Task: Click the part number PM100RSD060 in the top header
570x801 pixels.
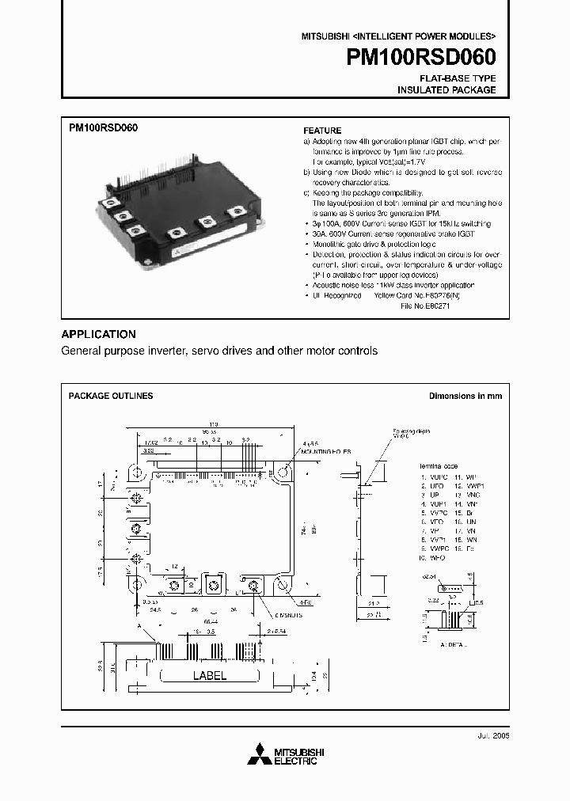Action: [421, 58]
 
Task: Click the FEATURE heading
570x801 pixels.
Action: [323, 131]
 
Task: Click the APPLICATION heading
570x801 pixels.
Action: [99, 334]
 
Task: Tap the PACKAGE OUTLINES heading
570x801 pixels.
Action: [111, 396]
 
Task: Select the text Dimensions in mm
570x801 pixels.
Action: [465, 396]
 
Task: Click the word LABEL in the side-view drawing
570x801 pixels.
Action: [210, 676]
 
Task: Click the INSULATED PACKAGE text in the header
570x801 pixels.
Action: [446, 90]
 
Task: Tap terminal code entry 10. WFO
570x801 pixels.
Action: [433, 557]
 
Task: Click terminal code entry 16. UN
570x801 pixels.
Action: [469, 523]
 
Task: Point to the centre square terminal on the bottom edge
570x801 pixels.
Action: [211, 585]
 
